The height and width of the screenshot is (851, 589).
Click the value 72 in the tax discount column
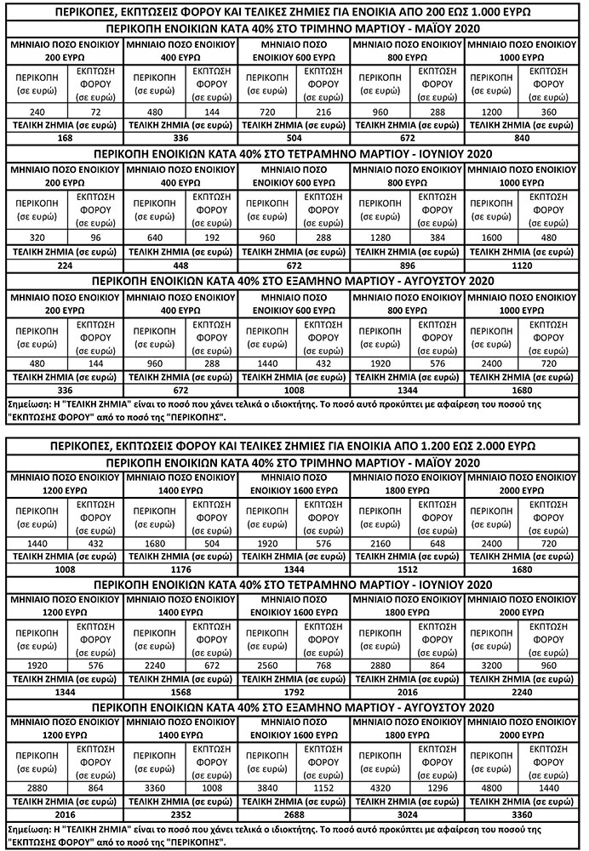pyautogui.click(x=94, y=111)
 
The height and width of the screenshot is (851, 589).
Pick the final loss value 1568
pyautogui.click(x=179, y=692)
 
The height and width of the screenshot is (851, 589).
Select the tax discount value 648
pyautogui.click(x=437, y=541)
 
